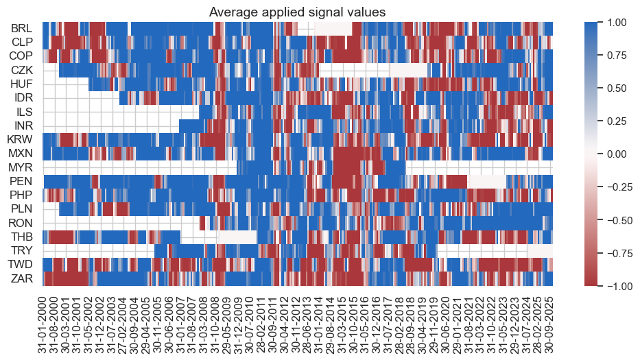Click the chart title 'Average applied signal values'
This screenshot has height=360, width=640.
tap(297, 12)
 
